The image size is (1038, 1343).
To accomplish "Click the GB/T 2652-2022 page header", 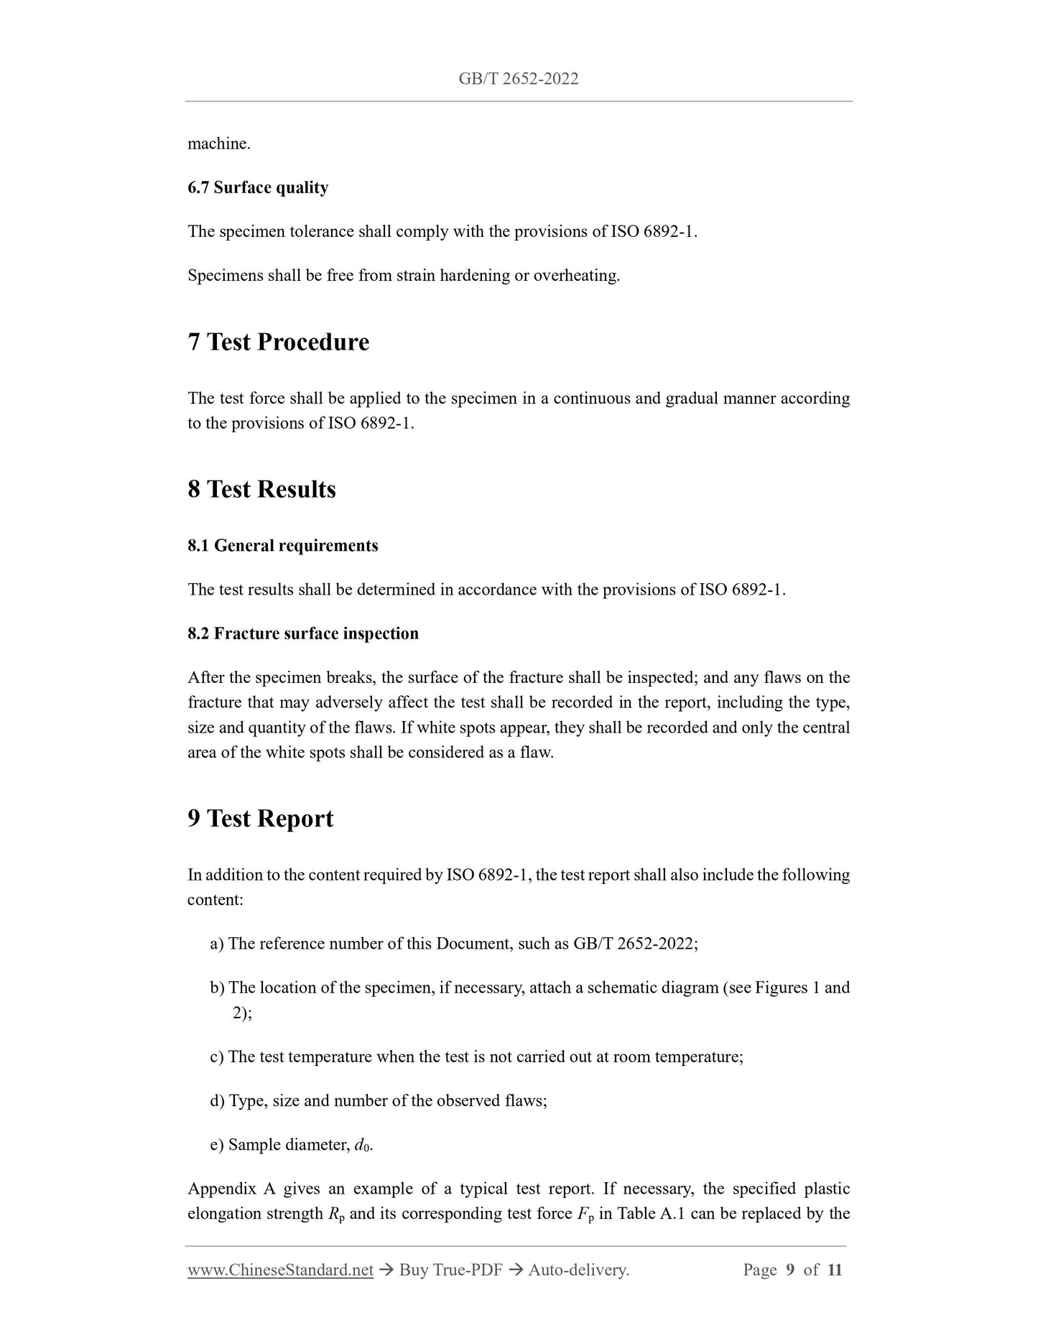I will [x=518, y=79].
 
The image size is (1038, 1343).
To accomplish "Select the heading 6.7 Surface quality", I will [x=258, y=188].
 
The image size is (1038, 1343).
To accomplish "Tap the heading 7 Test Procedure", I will [x=278, y=342].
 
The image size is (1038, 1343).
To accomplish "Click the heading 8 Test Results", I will [x=261, y=490].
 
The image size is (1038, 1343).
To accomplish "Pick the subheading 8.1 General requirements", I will [x=282, y=546].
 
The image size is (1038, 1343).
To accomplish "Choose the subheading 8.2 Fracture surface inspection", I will [x=302, y=633].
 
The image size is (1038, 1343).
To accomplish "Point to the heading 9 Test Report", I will [x=260, y=819].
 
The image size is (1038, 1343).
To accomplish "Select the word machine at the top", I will [x=218, y=144].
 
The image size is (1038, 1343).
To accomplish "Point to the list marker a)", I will [x=217, y=944].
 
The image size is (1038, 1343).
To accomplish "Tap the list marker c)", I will [x=217, y=1057].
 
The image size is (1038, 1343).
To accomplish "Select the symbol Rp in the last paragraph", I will [x=335, y=1214].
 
